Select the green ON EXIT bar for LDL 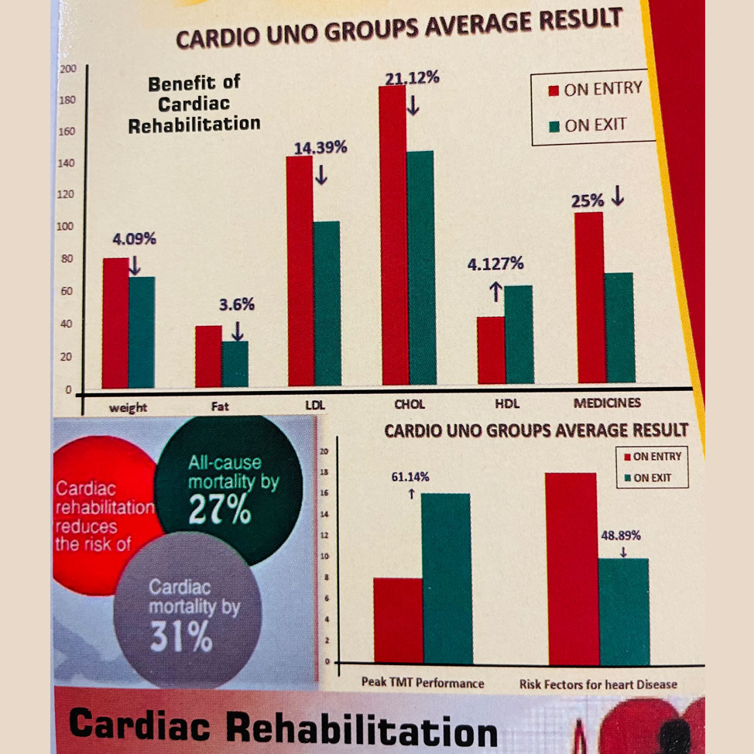click(x=327, y=303)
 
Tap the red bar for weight click(x=115, y=322)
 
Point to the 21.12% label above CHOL click(x=413, y=77)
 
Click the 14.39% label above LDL click(x=320, y=148)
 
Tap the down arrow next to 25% click(x=617, y=198)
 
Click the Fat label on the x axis click(x=220, y=405)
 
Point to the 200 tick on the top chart click(x=67, y=70)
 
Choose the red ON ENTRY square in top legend click(x=554, y=91)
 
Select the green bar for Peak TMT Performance click(x=446, y=577)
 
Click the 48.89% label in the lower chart click(x=621, y=535)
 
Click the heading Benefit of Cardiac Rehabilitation click(x=194, y=104)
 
